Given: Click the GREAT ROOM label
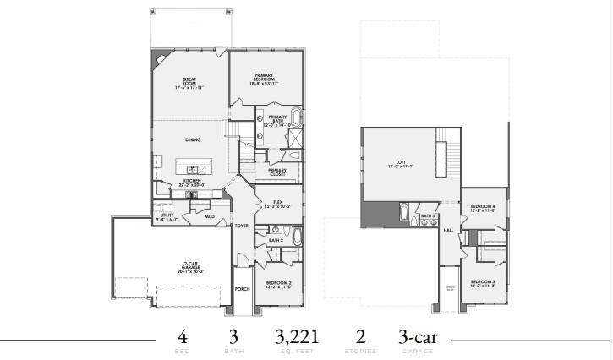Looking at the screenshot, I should pyautogui.click(x=190, y=83).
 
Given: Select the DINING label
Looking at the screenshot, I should pyautogui.click(x=193, y=139).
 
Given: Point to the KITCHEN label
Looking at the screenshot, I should pyautogui.click(x=192, y=183).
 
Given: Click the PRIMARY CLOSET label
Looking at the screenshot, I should pyautogui.click(x=277, y=172).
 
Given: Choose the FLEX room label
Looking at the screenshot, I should pyautogui.click(x=277, y=204).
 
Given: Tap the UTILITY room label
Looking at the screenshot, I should pyautogui.click(x=167, y=217).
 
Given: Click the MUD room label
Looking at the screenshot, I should pyautogui.click(x=209, y=216).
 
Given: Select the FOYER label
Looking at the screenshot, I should pyautogui.click(x=242, y=226).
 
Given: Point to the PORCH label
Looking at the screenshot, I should pyautogui.click(x=242, y=289).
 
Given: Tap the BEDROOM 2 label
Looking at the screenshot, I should pyautogui.click(x=279, y=284).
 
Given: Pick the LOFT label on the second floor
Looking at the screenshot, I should pyautogui.click(x=402, y=165).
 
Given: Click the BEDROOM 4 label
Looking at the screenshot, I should pyautogui.click(x=483, y=208).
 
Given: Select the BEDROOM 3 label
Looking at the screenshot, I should pyautogui.click(x=483, y=282).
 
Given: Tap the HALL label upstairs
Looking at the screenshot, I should pyautogui.click(x=448, y=230).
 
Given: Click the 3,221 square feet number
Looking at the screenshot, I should pyautogui.click(x=297, y=336).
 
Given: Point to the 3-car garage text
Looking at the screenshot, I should pyautogui.click(x=419, y=336).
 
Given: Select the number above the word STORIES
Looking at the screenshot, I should pyautogui.click(x=360, y=336).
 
